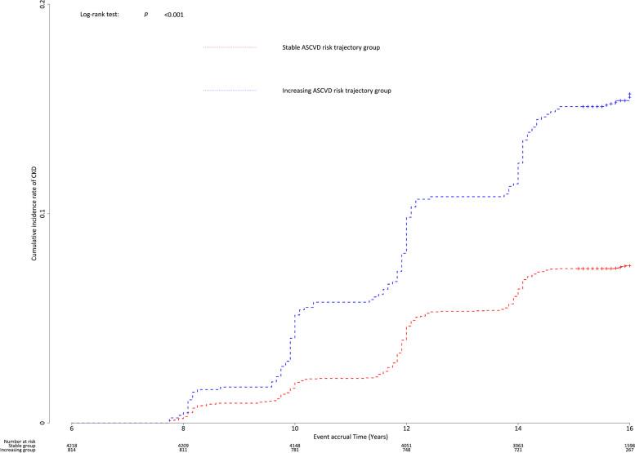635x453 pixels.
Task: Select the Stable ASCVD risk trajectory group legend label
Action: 329,47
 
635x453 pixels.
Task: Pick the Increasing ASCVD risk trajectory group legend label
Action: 335,90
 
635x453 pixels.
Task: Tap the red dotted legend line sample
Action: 230,47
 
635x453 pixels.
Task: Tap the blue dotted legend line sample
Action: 230,90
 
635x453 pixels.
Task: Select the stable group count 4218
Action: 72,444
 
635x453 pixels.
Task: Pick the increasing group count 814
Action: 72,450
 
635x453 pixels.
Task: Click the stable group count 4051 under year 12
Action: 406,444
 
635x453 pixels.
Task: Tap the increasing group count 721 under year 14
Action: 518,450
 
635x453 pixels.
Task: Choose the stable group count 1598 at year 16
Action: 628,444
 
